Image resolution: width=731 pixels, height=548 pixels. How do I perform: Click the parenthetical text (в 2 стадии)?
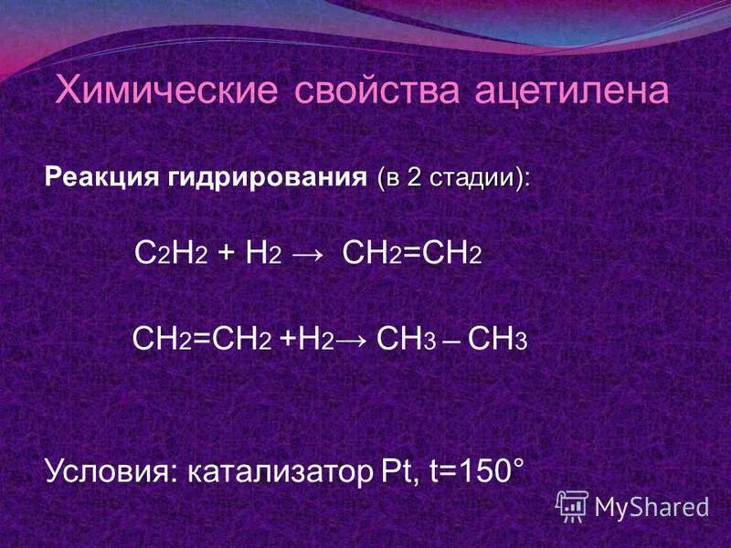452,178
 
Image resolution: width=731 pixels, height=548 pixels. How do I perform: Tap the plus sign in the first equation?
224,256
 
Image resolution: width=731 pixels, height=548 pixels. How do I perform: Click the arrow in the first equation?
308,256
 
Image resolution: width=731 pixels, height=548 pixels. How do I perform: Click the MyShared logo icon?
572,504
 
